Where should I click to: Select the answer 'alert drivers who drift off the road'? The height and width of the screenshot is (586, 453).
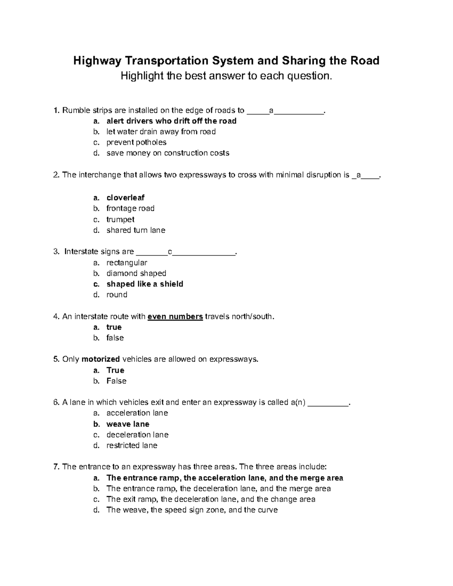tap(171, 121)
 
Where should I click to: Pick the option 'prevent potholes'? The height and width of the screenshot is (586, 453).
tap(136, 142)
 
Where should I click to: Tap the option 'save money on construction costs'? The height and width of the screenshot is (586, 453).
tap(168, 153)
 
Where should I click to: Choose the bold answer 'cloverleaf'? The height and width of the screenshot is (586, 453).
tap(125, 198)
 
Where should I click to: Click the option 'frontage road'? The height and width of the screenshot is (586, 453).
tap(130, 208)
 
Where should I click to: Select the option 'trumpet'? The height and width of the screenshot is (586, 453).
tap(120, 219)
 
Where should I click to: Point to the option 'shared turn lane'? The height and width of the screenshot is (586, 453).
tap(136, 230)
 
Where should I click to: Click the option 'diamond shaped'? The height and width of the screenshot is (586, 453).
tap(136, 273)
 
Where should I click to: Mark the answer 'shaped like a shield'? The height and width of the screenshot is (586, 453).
tap(145, 284)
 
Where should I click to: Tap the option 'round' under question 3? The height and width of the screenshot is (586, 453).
tap(117, 295)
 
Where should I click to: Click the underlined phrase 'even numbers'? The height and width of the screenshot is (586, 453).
tap(175, 317)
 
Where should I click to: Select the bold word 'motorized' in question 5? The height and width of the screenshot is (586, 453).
tap(100, 359)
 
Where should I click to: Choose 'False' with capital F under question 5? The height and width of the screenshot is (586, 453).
tap(116, 381)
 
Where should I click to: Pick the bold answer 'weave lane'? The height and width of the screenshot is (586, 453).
tap(128, 424)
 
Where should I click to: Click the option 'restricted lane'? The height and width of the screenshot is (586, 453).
tap(132, 445)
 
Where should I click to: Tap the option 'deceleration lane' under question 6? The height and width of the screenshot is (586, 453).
tap(137, 435)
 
